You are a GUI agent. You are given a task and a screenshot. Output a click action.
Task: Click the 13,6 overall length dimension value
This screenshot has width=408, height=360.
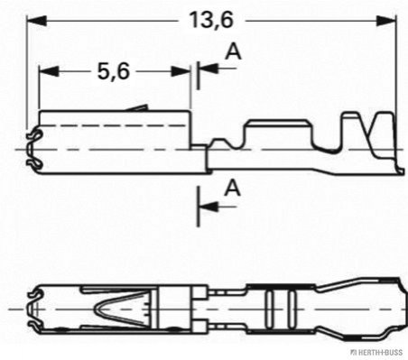click(x=211, y=21)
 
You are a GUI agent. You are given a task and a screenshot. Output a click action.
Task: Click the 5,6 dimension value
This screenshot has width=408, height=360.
click(x=114, y=71)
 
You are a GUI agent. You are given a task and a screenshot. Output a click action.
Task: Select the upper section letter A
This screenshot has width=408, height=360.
click(x=233, y=51)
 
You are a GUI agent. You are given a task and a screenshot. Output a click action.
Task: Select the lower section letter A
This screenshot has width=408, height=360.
click(x=233, y=188)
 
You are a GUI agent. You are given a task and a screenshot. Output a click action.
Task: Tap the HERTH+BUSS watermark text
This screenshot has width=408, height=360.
click(x=378, y=352)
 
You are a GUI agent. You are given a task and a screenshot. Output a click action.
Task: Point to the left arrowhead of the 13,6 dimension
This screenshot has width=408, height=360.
click(x=37, y=21)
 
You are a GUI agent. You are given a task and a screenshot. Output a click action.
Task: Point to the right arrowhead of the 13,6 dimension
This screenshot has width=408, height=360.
click(x=386, y=21)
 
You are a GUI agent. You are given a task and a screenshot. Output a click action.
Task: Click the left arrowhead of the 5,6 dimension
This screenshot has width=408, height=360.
click(x=49, y=71)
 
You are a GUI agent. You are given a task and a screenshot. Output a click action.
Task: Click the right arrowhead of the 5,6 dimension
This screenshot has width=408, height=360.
click(x=181, y=71)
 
